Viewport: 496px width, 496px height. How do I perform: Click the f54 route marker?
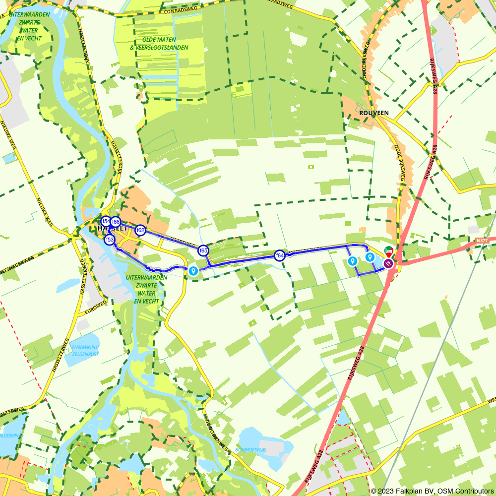click(106, 221)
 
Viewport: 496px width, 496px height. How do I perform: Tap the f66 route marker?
click(116, 222)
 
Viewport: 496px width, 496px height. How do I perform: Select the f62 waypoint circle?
click(140, 230)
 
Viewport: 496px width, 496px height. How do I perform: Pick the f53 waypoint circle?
click(109, 240)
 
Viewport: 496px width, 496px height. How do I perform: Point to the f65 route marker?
click(203, 250)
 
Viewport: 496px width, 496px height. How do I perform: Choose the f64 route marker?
click(280, 255)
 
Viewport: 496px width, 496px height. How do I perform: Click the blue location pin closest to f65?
click(193, 270)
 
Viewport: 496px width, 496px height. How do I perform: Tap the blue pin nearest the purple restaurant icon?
click(370, 256)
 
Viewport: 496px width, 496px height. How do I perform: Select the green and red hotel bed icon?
click(388, 251)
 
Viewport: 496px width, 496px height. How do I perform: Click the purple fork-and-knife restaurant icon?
click(388, 263)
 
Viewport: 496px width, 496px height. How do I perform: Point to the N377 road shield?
click(481, 241)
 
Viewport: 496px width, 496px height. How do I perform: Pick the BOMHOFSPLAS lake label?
click(251, 450)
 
